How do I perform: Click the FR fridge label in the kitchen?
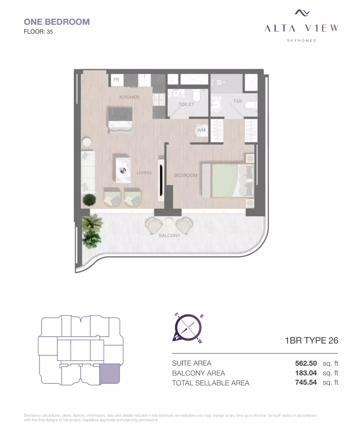click(x=116, y=80)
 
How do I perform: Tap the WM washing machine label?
click(x=201, y=130)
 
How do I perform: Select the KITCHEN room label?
click(x=129, y=97)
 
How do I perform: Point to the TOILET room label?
click(x=186, y=104)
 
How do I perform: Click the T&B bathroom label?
click(x=238, y=101)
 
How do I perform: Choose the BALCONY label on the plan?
click(x=169, y=236)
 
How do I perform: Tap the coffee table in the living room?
click(x=123, y=170)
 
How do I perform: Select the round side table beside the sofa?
click(x=87, y=142)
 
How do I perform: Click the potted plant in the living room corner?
click(x=90, y=200)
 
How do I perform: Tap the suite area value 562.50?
click(x=306, y=363)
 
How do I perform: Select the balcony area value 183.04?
click(x=306, y=373)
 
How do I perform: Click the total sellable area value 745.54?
click(x=306, y=382)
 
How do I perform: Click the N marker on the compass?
click(x=176, y=337)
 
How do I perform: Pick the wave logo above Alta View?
click(x=302, y=13)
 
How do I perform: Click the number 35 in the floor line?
click(x=50, y=32)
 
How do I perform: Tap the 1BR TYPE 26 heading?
click(x=312, y=340)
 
